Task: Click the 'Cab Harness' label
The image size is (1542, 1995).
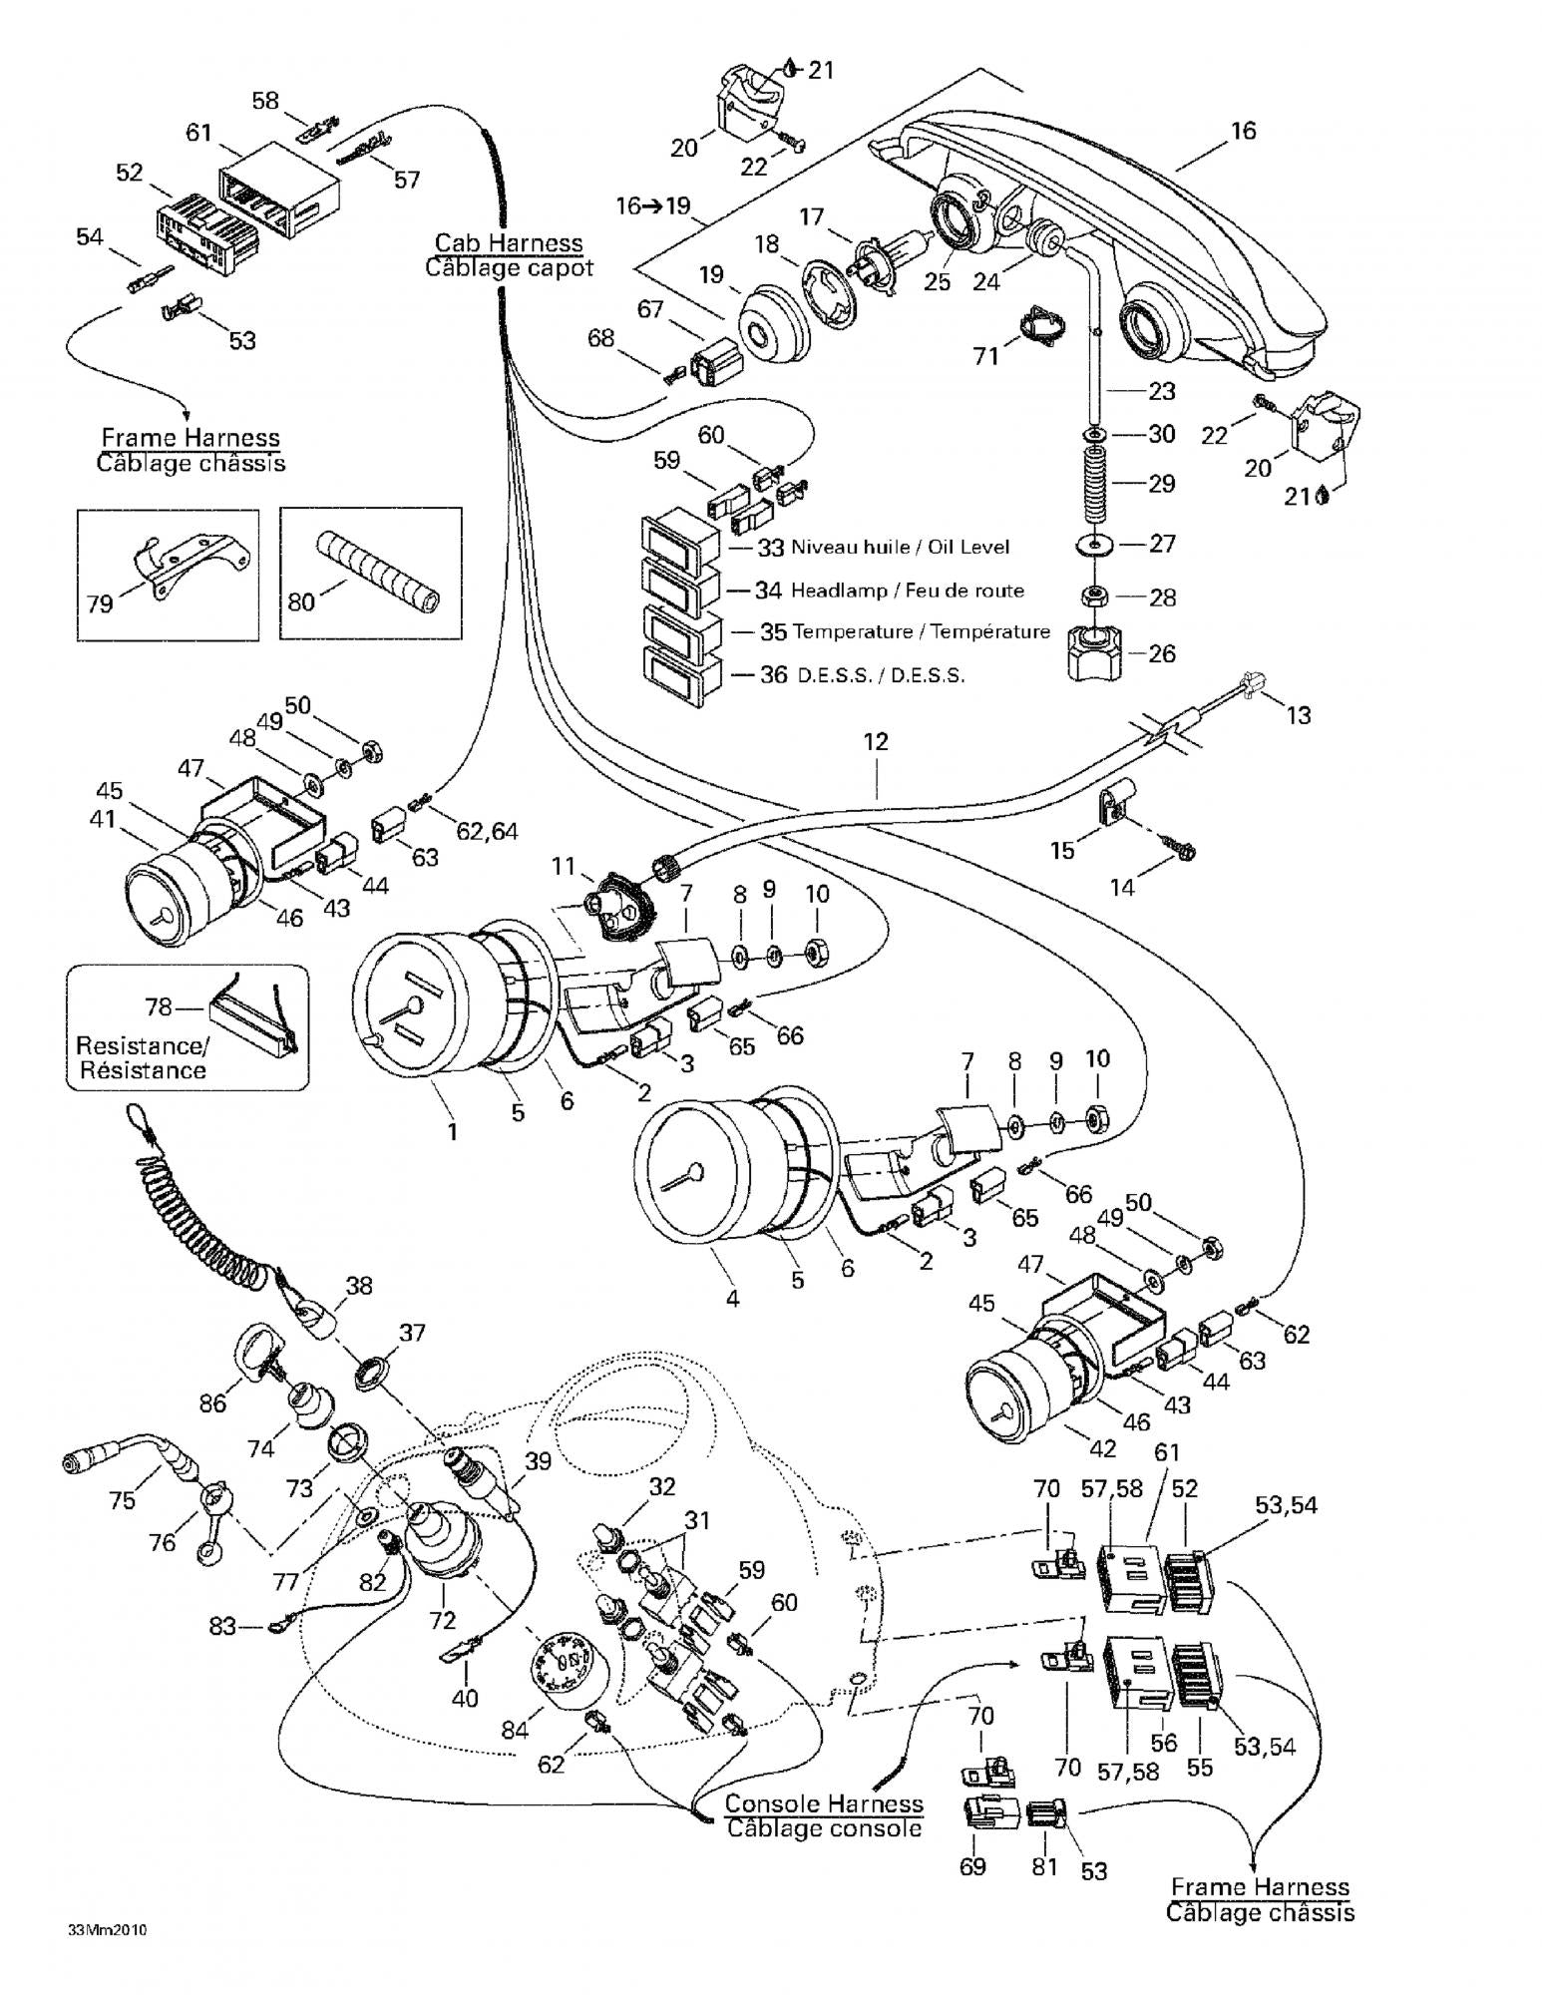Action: (509, 242)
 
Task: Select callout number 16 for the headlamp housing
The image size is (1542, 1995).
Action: (1243, 131)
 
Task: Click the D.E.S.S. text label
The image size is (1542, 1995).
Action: (881, 675)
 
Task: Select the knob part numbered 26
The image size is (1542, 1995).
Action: (1095, 652)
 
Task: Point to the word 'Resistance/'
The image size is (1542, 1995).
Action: (143, 1046)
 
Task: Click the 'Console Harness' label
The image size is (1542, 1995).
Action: (824, 1803)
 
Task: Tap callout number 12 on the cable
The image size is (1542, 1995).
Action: (876, 742)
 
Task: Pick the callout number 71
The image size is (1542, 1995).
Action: (985, 355)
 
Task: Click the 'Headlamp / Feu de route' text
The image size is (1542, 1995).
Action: (908, 591)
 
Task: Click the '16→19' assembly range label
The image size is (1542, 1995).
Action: (653, 206)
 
